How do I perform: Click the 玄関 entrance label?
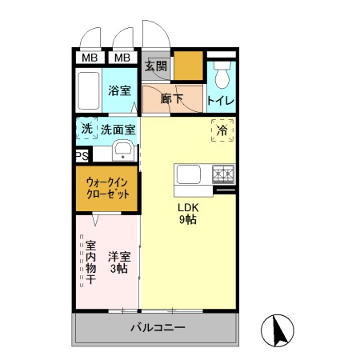156,66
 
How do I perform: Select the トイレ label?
221,100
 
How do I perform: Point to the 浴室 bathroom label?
120,90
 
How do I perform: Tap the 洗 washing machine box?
86,128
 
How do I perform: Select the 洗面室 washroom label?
118,128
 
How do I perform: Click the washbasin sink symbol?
123,151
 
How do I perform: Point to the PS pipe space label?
82,156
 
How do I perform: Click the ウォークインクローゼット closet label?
107,189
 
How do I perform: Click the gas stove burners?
222,173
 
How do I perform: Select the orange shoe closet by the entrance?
189,66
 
